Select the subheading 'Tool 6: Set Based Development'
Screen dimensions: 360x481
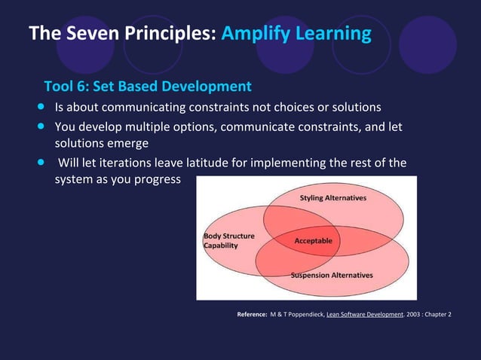(147, 87)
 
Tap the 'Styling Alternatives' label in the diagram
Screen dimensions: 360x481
(333, 198)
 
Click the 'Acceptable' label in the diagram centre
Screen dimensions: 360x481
(313, 241)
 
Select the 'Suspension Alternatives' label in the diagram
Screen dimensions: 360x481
(332, 275)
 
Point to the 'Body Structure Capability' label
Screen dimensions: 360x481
(228, 241)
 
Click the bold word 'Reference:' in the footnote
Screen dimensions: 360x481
(252, 314)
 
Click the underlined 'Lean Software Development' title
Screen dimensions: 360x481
(364, 314)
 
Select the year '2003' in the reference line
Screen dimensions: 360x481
(412, 314)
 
